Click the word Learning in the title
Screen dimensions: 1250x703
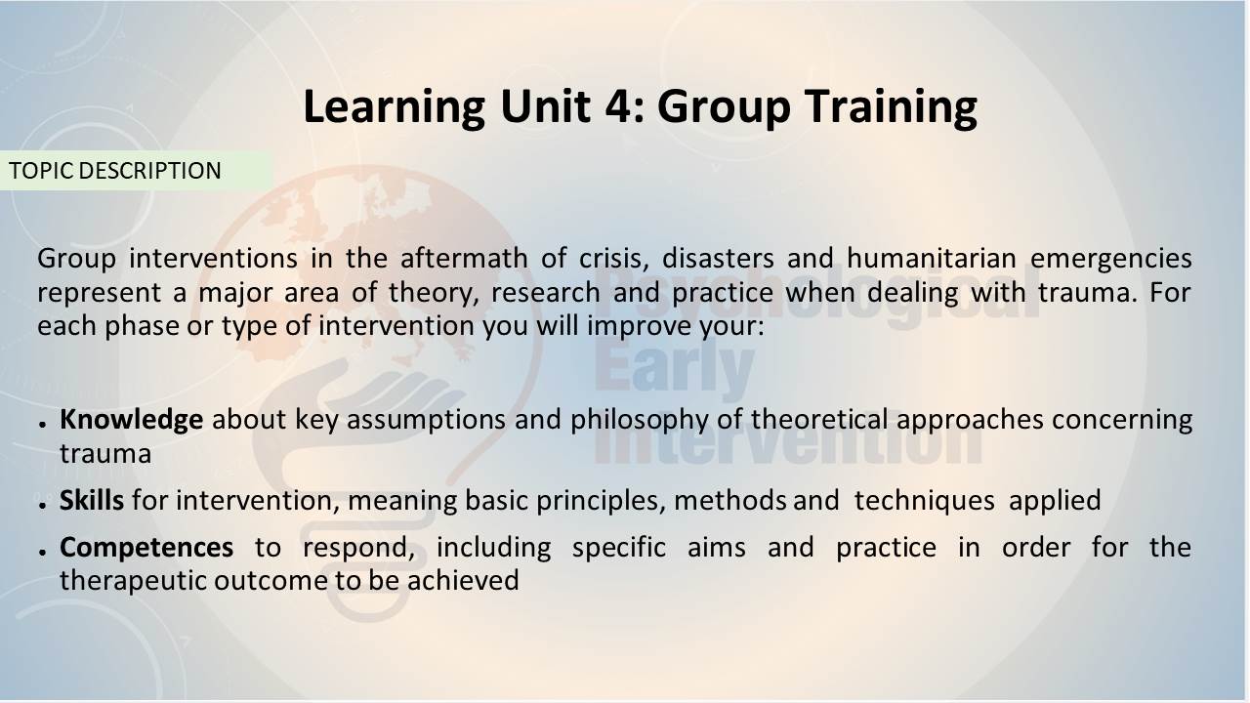pos(395,107)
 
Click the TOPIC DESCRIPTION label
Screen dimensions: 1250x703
pos(115,171)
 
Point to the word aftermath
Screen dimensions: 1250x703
pos(464,259)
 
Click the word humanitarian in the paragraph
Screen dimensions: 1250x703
pos(932,259)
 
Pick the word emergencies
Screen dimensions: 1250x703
pos(1110,260)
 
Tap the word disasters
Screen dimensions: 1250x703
pos(718,259)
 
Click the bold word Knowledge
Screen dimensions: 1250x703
pos(131,420)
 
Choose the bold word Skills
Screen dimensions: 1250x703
pos(92,500)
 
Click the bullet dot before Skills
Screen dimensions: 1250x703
pos(42,505)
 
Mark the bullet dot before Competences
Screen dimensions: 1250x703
pos(42,552)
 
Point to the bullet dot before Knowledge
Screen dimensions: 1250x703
pos(42,424)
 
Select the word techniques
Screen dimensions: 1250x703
pos(924,501)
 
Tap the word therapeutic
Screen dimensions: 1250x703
pos(133,582)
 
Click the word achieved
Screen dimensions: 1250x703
pos(463,580)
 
